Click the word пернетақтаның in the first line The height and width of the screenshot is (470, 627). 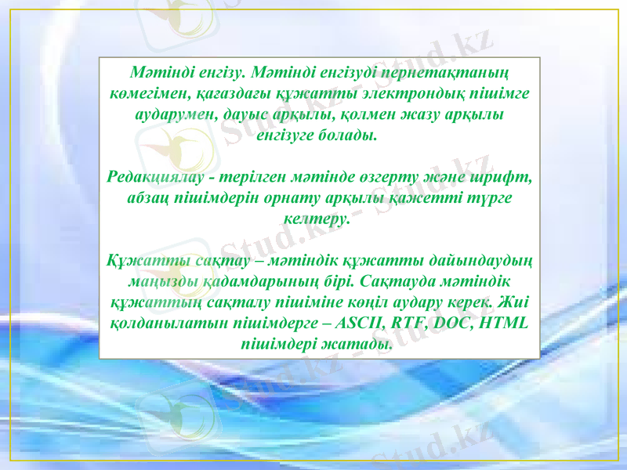[449, 74]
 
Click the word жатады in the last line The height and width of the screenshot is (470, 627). [361, 342]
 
